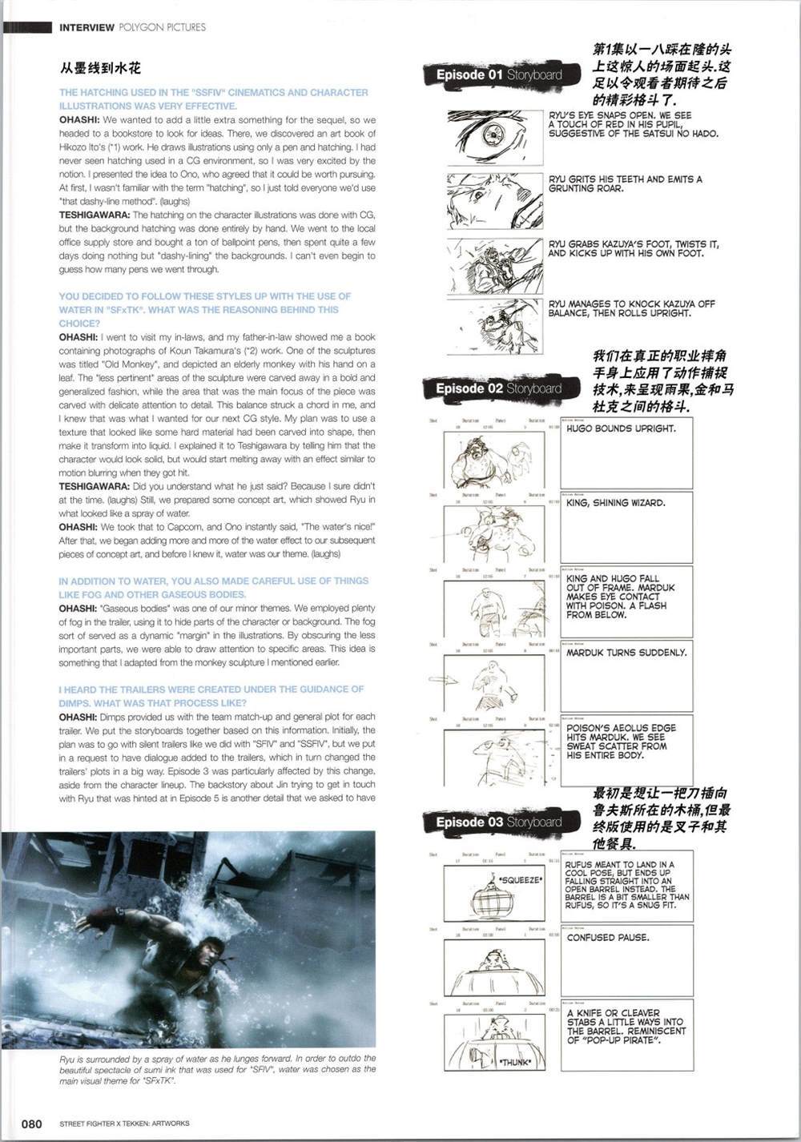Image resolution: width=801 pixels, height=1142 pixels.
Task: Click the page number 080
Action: click(x=31, y=1124)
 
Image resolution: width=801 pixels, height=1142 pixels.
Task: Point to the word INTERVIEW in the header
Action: click(x=87, y=27)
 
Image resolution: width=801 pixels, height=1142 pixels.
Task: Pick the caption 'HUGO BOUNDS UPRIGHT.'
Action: click(x=621, y=429)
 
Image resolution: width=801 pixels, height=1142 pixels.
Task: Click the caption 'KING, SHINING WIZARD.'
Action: click(x=616, y=504)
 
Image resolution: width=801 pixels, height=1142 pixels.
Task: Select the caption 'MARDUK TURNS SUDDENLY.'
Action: click(x=626, y=653)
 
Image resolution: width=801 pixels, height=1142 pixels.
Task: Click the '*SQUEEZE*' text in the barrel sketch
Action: click(x=520, y=880)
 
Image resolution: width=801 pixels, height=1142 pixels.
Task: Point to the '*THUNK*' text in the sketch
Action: click(x=514, y=1062)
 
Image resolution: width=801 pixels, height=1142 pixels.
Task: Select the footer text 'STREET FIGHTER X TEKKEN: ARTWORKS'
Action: click(x=124, y=1124)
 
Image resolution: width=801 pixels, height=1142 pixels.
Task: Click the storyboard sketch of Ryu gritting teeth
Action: click(x=494, y=199)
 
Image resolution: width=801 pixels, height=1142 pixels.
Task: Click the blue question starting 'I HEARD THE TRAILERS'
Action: click(x=211, y=696)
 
